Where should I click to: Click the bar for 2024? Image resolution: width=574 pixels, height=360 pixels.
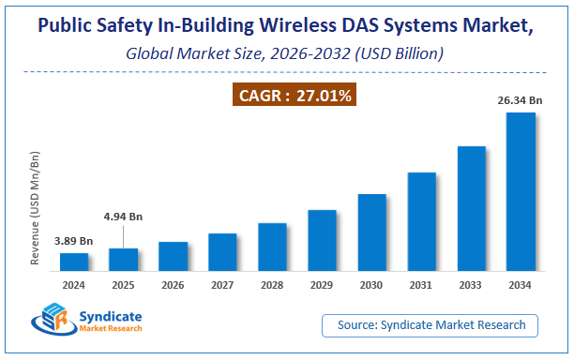tap(74, 261)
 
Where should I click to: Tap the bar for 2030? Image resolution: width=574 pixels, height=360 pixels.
tap(371, 232)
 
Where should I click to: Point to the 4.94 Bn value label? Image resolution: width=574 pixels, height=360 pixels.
tap(123, 217)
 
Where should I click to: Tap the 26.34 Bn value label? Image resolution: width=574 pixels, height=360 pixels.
tap(521, 100)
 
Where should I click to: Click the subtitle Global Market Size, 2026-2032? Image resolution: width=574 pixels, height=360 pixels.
tap(286, 54)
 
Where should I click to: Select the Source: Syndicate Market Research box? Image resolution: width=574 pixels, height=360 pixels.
tap(430, 325)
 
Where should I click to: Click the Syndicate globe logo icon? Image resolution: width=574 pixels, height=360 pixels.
tap(54, 322)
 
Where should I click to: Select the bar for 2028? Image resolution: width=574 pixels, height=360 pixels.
tap(272, 247)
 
